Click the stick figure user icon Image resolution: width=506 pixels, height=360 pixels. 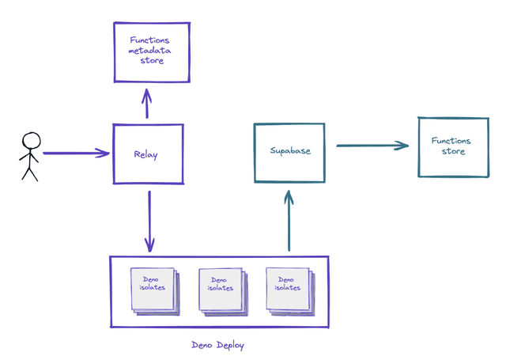(x=30, y=156)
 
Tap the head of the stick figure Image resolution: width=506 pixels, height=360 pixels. (x=30, y=141)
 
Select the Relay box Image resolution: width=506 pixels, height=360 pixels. (x=148, y=155)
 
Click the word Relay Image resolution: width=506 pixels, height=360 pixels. (x=145, y=155)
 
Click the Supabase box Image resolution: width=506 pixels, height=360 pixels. (x=289, y=151)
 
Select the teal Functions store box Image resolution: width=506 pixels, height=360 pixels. (x=451, y=146)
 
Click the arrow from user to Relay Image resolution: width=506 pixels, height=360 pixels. (x=75, y=153)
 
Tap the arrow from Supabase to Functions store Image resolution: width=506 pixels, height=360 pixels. (x=372, y=145)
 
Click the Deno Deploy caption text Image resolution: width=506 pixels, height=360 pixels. (x=219, y=345)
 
